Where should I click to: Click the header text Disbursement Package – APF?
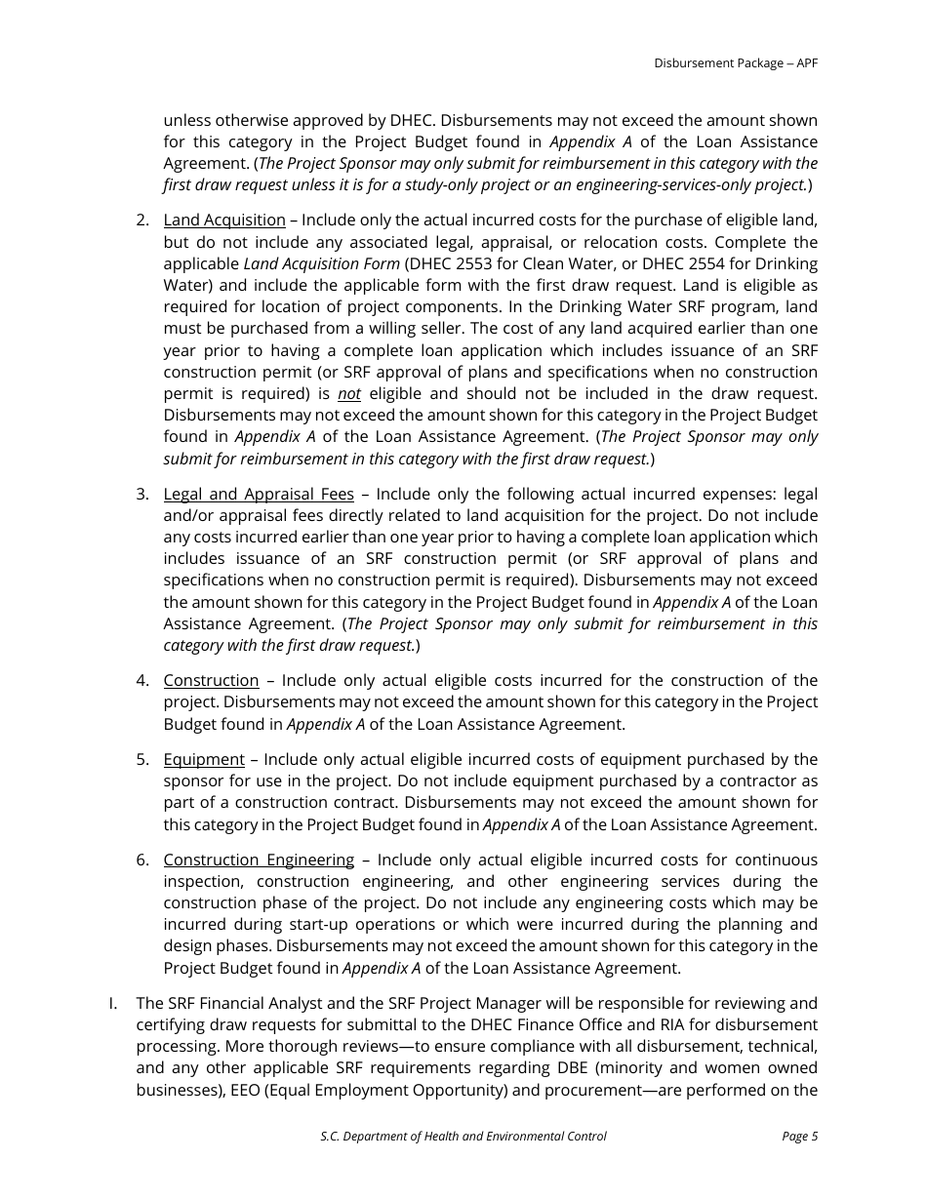pos(735,63)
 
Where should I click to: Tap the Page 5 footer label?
pos(799,1137)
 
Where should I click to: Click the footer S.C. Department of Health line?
pos(463,1137)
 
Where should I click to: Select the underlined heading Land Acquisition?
pos(224,220)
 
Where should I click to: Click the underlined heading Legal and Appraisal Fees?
pos(259,495)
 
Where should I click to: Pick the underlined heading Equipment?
pos(204,760)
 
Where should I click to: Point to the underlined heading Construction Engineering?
pos(259,860)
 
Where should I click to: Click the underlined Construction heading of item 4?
pos(211,681)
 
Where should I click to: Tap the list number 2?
pos(142,220)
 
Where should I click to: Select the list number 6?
pos(142,860)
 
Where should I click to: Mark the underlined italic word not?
pos(349,394)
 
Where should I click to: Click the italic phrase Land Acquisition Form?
pos(321,264)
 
